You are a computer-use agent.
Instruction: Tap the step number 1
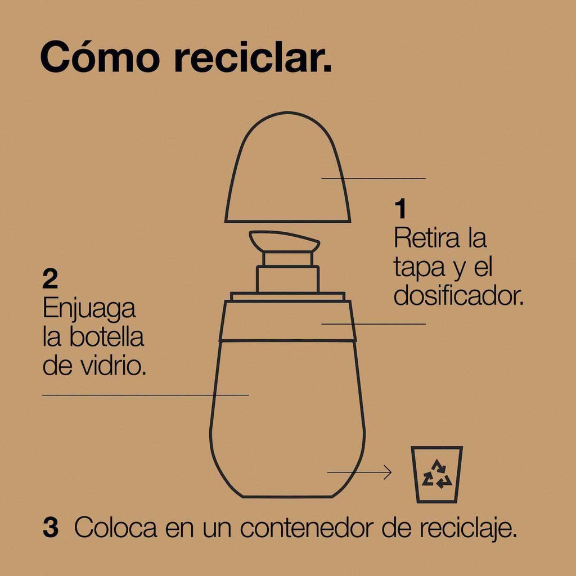coord(400,208)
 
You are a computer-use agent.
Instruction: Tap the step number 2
coord(50,279)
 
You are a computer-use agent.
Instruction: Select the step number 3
coord(51,528)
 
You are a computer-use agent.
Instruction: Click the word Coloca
coord(116,528)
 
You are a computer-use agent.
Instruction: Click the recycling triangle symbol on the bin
coord(436,474)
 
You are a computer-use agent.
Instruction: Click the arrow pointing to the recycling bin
coord(359,472)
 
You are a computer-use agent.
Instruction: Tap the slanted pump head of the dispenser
coord(285,241)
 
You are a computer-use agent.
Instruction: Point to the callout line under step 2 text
coord(146,395)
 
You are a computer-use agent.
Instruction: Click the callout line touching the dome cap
coord(373,178)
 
